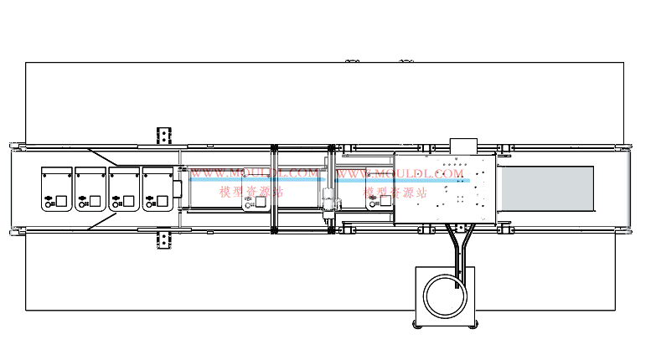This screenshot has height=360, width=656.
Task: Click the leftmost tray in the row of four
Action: point(57,189)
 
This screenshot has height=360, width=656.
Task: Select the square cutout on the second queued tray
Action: point(95,201)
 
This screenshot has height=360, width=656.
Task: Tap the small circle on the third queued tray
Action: point(116,205)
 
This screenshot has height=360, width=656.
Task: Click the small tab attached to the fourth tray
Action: point(178,189)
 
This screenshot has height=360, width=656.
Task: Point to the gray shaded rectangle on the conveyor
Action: point(548,188)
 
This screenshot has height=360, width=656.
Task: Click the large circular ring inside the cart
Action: point(445,296)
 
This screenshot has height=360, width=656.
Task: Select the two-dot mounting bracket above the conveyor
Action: point(164,136)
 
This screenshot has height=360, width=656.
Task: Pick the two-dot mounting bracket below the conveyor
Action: point(164,239)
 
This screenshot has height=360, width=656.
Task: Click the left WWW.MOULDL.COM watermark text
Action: point(255,173)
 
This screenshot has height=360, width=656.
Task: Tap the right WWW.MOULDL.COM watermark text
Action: point(400,173)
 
